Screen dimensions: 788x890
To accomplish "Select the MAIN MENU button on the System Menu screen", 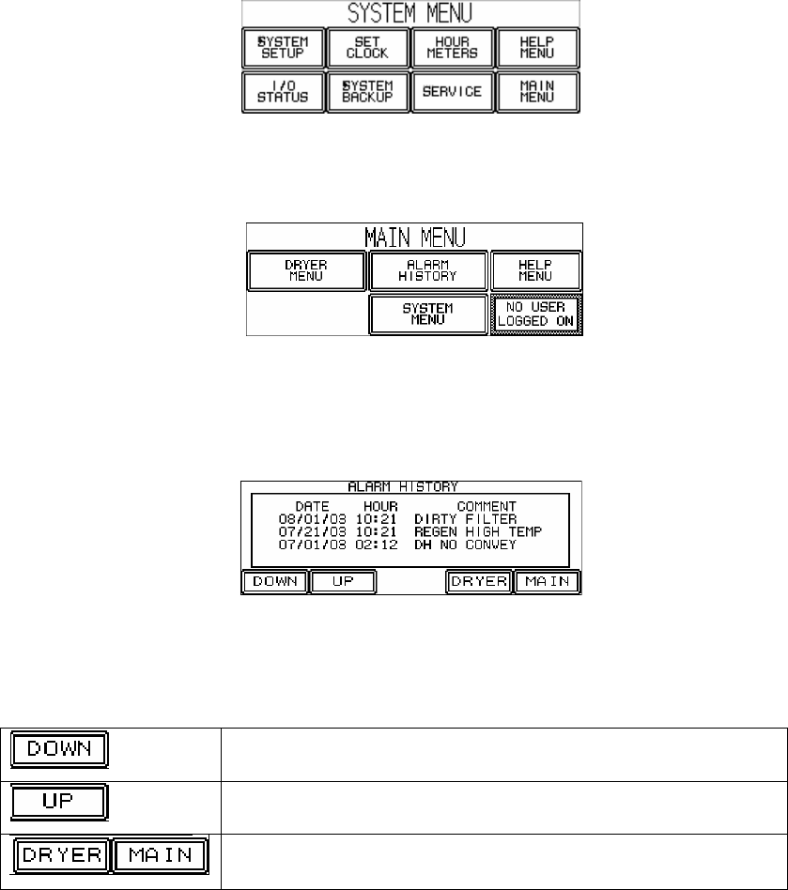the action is [x=537, y=92].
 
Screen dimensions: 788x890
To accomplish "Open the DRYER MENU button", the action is [x=305, y=270].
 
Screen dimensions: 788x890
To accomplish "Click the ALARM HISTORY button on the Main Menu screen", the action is [x=427, y=270].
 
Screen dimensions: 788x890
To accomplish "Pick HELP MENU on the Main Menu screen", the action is [x=536, y=270].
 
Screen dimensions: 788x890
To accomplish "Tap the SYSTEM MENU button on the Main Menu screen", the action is [x=427, y=314].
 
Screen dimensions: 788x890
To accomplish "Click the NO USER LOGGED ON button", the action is [x=536, y=314].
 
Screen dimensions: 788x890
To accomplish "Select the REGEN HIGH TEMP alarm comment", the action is [x=477, y=530].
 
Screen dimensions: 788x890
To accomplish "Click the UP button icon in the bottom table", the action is [x=59, y=807].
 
